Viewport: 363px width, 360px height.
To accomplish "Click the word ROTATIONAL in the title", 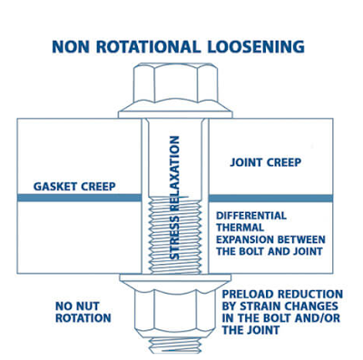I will coord(170,46).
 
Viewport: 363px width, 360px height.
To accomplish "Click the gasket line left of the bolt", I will coord(83,196).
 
